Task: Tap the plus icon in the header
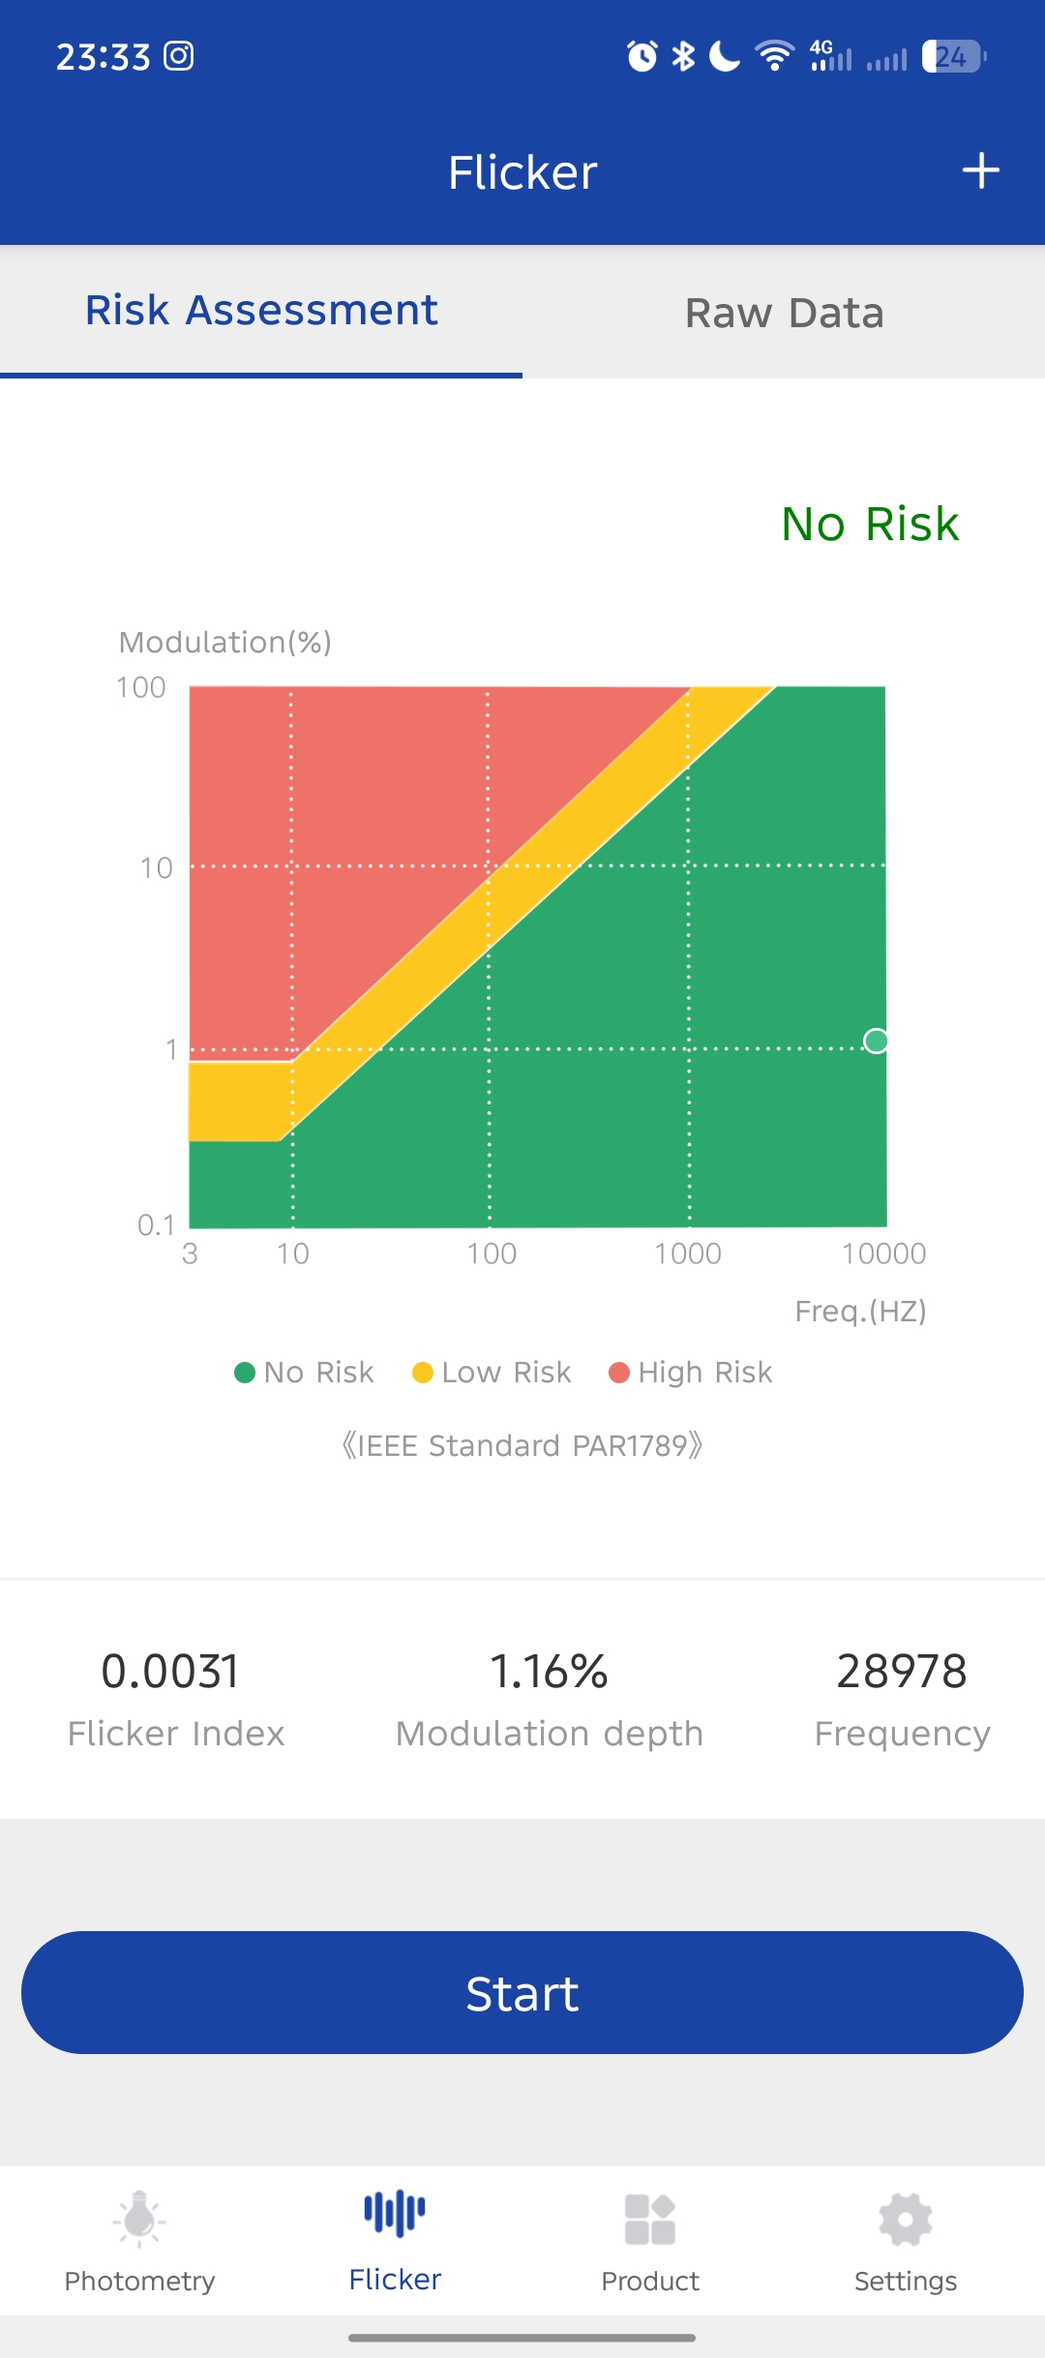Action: [x=980, y=171]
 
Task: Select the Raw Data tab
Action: [x=784, y=313]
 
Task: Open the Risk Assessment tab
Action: [x=261, y=311]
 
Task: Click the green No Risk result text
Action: [x=869, y=524]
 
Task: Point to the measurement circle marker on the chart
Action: [x=876, y=1041]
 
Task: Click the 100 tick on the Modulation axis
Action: [x=141, y=688]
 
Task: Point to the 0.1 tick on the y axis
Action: [x=156, y=1224]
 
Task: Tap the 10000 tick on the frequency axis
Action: [x=883, y=1254]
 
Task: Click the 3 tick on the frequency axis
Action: [x=190, y=1254]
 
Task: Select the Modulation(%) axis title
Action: [x=224, y=642]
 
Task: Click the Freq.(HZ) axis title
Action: [x=860, y=1311]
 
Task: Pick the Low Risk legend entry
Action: [x=492, y=1373]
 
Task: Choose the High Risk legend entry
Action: [x=691, y=1373]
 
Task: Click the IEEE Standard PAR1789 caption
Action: [x=522, y=1445]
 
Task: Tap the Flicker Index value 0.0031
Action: [x=170, y=1672]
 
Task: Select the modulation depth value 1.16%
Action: [x=549, y=1672]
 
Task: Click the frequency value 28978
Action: [x=902, y=1672]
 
